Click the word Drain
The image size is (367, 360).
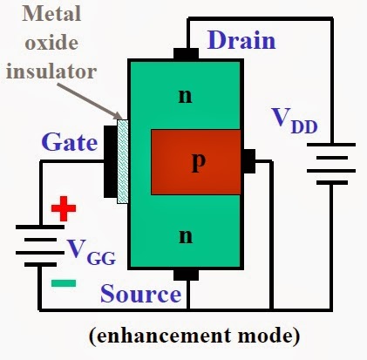point(241,40)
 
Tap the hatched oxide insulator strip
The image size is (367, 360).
point(122,161)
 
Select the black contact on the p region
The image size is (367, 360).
point(248,160)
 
